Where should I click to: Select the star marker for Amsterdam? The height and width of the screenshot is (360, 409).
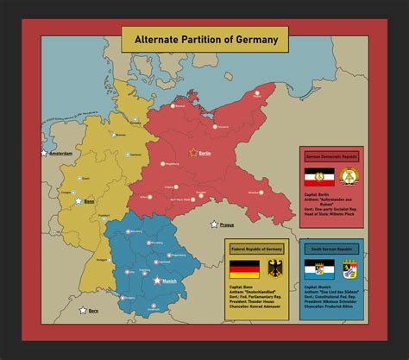[43, 154]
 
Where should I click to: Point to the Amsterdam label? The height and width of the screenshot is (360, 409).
[60, 154]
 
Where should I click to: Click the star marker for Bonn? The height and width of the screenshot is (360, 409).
[79, 200]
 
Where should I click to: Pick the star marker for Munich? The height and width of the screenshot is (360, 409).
[156, 281]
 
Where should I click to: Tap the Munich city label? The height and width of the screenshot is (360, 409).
[170, 281]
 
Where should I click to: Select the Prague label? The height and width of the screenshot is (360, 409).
[227, 224]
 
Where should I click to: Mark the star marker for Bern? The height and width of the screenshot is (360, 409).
[83, 310]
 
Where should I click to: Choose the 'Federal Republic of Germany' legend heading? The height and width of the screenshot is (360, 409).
[256, 249]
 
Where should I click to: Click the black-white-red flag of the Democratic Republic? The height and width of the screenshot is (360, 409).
[318, 178]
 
